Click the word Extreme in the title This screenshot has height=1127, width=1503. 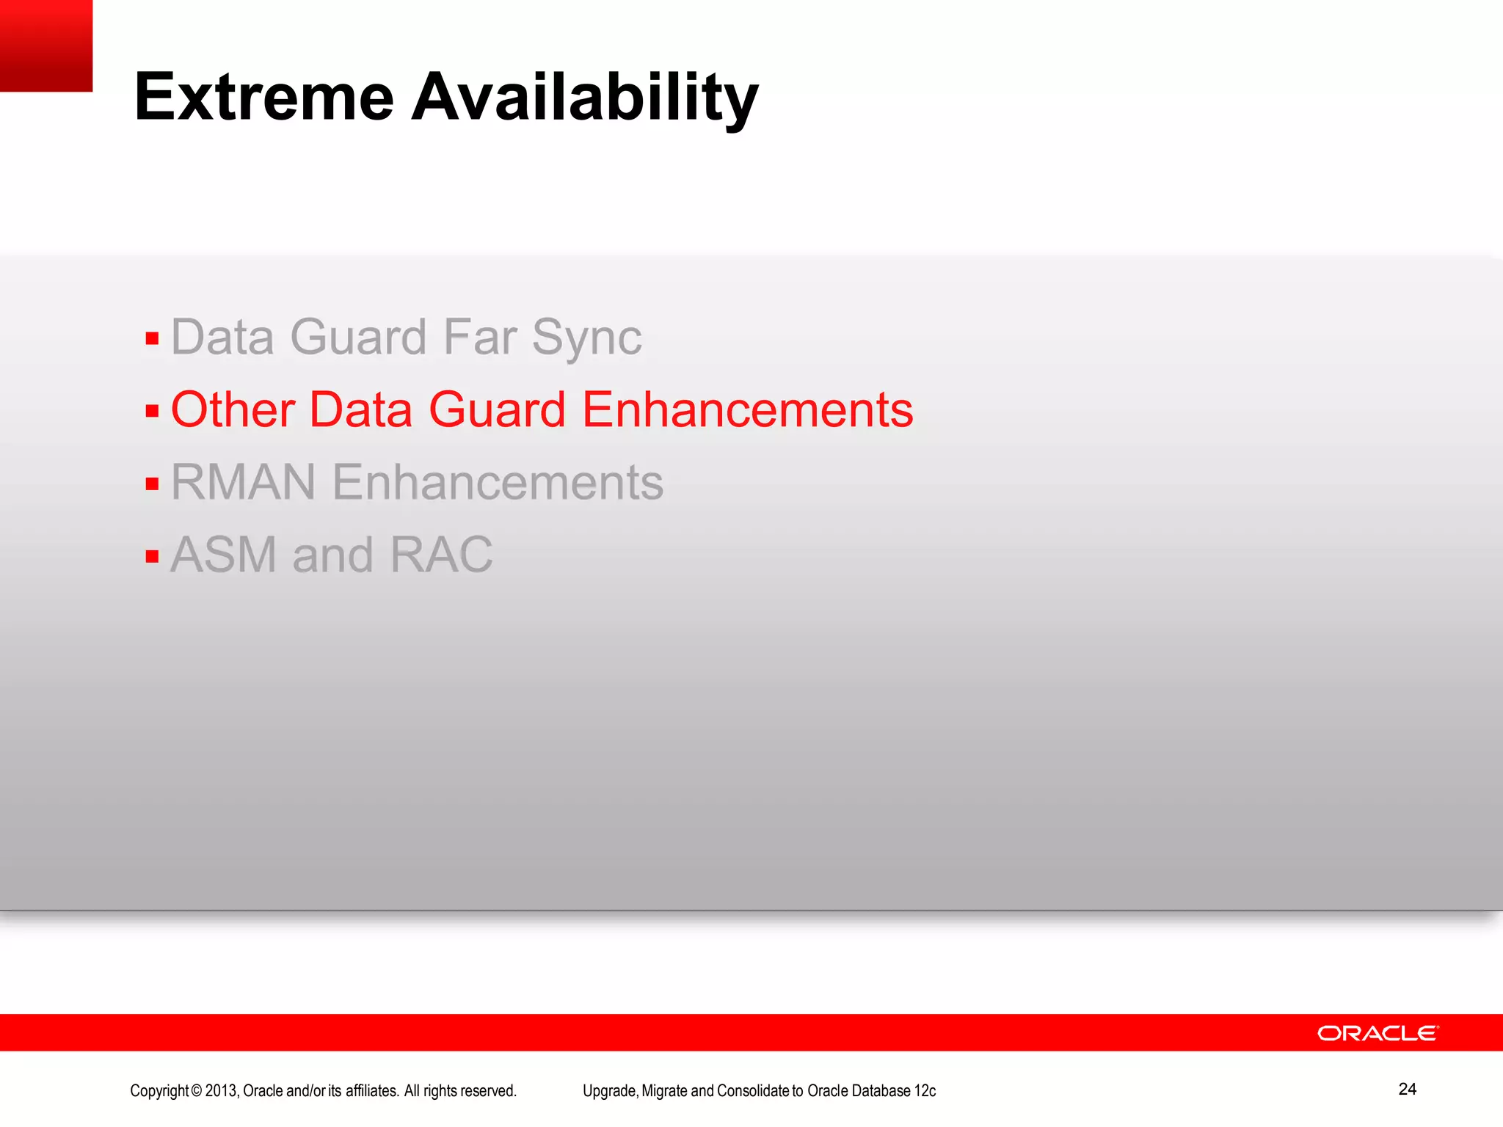pos(264,98)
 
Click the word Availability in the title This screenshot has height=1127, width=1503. pos(585,98)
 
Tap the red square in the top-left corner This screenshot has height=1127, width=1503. pos(46,45)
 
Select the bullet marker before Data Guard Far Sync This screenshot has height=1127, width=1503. pos(152,339)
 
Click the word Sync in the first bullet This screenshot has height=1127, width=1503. pos(586,338)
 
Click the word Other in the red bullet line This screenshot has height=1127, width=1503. pos(233,409)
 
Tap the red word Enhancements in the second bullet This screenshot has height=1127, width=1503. pos(747,409)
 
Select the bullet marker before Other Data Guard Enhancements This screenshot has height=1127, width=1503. pos(152,411)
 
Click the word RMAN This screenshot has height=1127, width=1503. pos(243,482)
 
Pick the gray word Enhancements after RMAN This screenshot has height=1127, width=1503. pos(498,482)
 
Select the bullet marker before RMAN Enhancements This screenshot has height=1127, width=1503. pos(152,484)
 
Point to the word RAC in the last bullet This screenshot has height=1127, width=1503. pos(441,555)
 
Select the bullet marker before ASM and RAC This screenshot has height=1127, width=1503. pos(152,556)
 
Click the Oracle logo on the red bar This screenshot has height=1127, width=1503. pos(1378,1033)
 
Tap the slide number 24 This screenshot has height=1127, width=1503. pos(1407,1089)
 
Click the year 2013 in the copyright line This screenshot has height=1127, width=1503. pos(221,1091)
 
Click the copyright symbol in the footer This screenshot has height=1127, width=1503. pos(196,1091)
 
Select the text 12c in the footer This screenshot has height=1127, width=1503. pos(925,1091)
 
